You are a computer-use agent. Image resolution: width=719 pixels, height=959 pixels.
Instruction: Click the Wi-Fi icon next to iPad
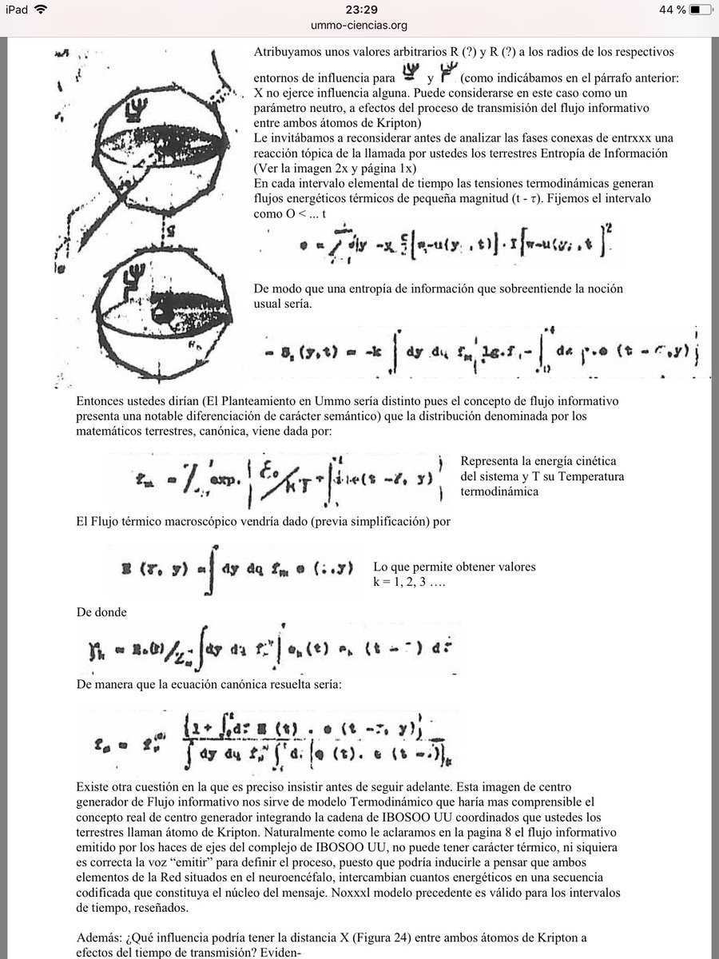(41, 10)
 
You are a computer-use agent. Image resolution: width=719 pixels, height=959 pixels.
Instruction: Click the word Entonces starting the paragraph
(100, 400)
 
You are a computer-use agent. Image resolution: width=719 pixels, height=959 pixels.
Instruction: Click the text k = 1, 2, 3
(408, 582)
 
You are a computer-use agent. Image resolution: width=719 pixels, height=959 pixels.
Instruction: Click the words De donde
(102, 612)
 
